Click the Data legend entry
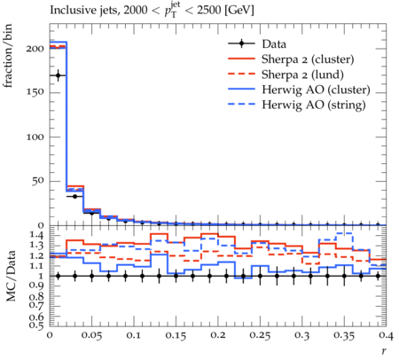click(274, 44)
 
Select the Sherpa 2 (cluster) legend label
click(308, 59)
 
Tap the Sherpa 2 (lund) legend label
click(302, 74)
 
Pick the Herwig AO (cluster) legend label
click(316, 90)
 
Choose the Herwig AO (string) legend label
click(314, 105)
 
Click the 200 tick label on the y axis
click(35, 49)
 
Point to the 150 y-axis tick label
click(35, 92)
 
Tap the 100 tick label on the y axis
click(35, 137)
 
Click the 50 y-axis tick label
click(38, 181)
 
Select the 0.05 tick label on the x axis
click(91, 335)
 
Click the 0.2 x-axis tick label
click(218, 335)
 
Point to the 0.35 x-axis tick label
click(344, 335)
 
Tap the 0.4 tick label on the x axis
click(386, 335)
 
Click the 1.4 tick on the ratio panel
click(36, 236)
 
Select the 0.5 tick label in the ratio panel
click(36, 325)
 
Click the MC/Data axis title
click(11, 276)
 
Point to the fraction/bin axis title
click(8, 56)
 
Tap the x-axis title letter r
click(384, 350)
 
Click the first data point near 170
click(58, 75)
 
